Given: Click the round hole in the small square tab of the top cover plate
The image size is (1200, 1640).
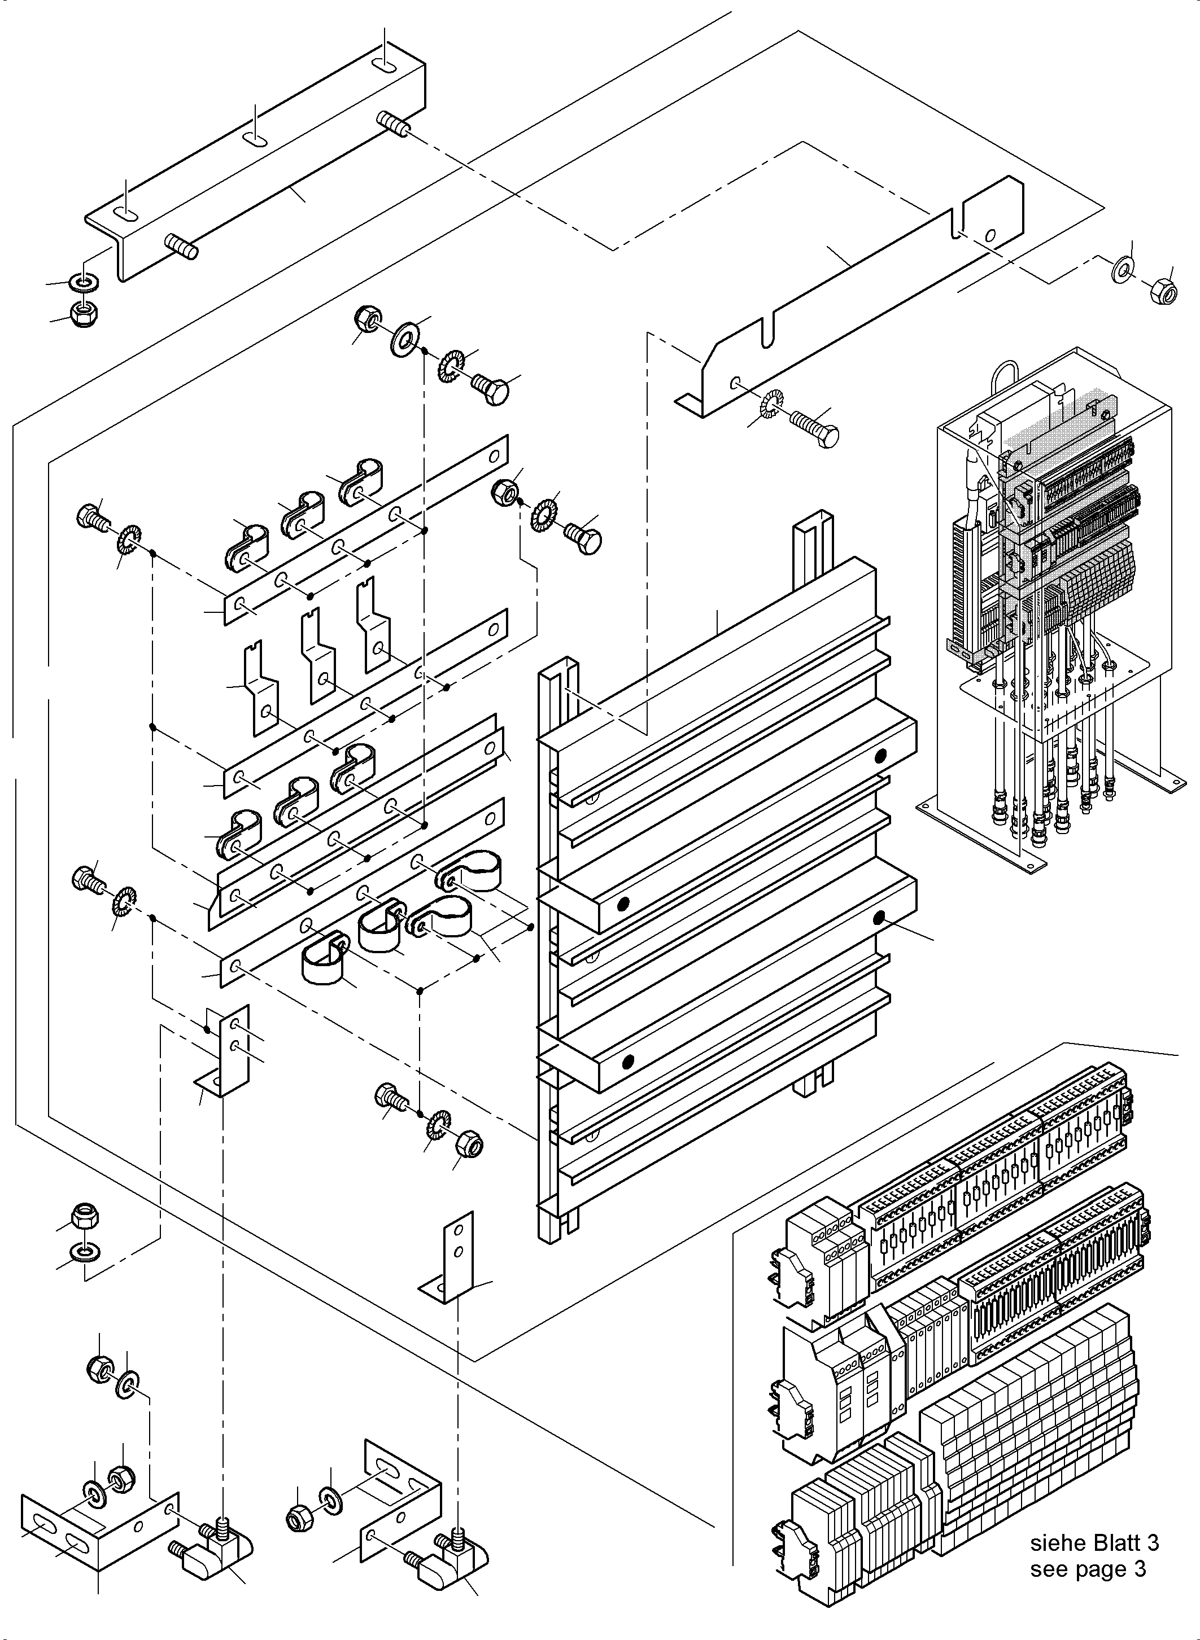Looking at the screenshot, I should (990, 235).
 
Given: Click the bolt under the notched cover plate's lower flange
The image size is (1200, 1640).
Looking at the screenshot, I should (815, 426).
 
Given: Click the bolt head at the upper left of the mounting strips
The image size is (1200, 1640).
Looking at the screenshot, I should (90, 517).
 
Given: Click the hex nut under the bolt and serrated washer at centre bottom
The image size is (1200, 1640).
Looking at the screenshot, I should (469, 1145).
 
